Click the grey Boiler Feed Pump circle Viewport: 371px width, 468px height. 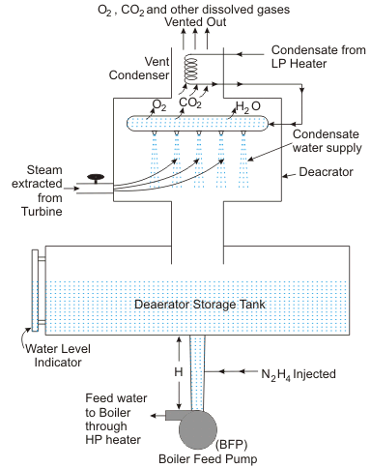(x=198, y=430)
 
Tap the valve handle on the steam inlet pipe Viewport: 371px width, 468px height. (x=96, y=177)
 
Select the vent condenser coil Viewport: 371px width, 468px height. (x=191, y=70)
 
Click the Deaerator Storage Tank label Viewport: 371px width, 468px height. (x=200, y=305)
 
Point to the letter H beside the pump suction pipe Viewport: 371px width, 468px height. (x=179, y=372)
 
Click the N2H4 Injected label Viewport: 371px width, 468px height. (x=299, y=374)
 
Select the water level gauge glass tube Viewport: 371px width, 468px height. (x=35, y=290)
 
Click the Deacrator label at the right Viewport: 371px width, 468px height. (x=326, y=172)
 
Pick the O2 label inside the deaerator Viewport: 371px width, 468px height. (x=159, y=104)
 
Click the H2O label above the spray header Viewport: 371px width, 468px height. (x=248, y=106)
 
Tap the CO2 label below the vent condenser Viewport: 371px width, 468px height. (x=190, y=102)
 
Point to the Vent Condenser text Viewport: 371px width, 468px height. (x=139, y=69)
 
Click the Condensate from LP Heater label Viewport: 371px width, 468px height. (x=319, y=57)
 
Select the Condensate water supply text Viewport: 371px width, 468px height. (x=328, y=141)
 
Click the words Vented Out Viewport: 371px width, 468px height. (x=195, y=22)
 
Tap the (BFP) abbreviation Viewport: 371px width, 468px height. (x=232, y=445)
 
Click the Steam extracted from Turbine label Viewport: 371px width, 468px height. (x=38, y=190)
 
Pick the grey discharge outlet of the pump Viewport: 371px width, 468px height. (x=173, y=416)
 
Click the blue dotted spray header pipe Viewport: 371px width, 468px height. (x=197, y=124)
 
